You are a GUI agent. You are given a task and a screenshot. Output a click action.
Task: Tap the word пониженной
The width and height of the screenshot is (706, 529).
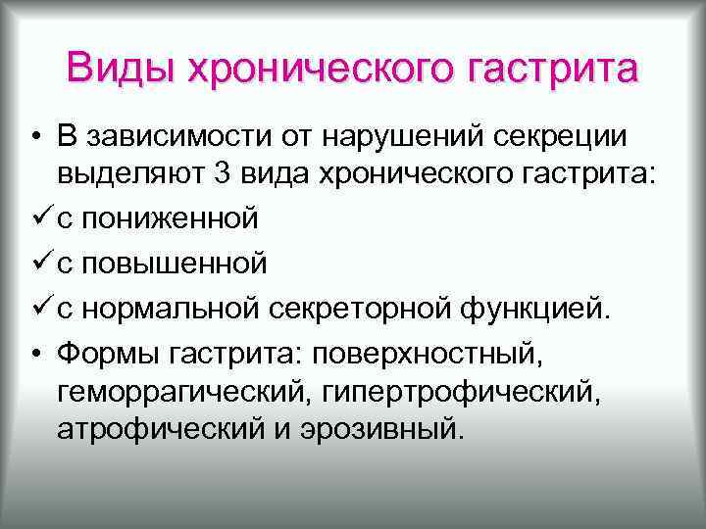click(x=172, y=216)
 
